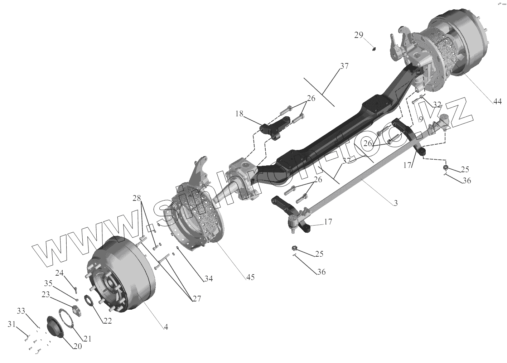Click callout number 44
497,101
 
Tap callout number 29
358,35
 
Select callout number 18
239,114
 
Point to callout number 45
250,277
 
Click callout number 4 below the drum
166,326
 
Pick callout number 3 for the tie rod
395,203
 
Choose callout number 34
208,278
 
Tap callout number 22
107,321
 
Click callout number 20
78,346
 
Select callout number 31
12,324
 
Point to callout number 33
21,310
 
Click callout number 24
59,273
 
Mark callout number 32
437,105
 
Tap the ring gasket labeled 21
66,319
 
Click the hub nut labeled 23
76,308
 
